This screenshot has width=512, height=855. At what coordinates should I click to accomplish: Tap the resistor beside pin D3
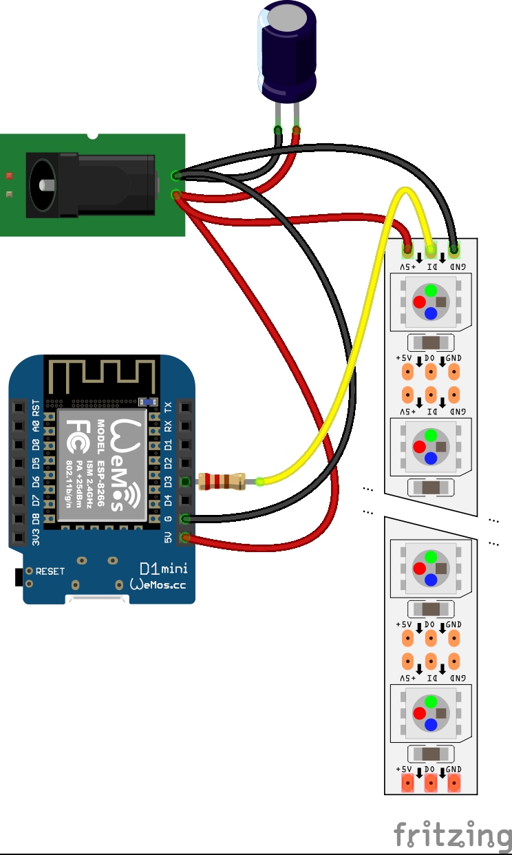pyautogui.click(x=221, y=481)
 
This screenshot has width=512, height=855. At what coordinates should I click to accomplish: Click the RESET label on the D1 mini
pyautogui.click(x=50, y=571)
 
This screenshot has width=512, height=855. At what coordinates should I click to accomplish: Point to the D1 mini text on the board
pyautogui.click(x=162, y=569)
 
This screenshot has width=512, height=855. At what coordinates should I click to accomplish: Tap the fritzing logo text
pyautogui.click(x=451, y=835)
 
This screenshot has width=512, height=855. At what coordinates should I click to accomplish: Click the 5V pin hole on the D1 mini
pyautogui.click(x=184, y=537)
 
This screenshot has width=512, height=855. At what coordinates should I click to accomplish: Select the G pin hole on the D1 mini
pyautogui.click(x=184, y=518)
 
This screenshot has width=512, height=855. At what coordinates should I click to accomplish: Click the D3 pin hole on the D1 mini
pyautogui.click(x=184, y=481)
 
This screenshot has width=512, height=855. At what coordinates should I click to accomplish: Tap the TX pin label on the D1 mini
pyautogui.click(x=169, y=407)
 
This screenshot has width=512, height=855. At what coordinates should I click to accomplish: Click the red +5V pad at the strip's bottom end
pyautogui.click(x=407, y=783)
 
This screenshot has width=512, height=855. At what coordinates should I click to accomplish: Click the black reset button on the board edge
pyautogui.click(x=17, y=578)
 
